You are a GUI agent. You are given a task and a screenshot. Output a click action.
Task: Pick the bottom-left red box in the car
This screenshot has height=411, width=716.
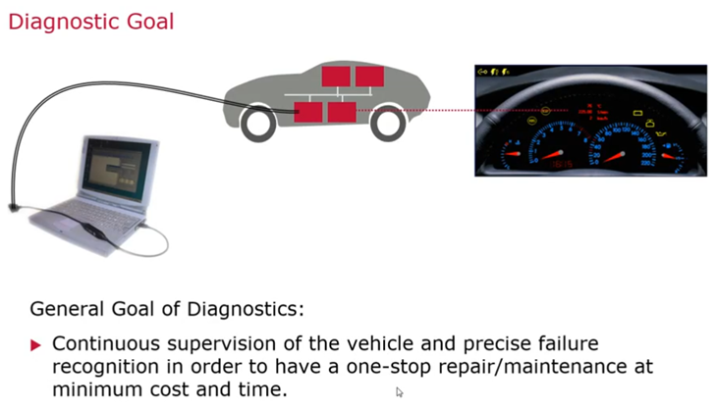tap(308, 110)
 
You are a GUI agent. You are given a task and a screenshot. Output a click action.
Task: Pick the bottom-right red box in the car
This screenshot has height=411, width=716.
tap(342, 110)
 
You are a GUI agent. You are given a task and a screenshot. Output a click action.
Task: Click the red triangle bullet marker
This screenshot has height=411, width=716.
tap(36, 345)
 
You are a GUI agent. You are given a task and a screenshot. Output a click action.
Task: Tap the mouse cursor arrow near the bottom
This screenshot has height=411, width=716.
tap(400, 392)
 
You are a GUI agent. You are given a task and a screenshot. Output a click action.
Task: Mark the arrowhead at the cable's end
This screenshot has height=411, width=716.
tap(13, 208)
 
